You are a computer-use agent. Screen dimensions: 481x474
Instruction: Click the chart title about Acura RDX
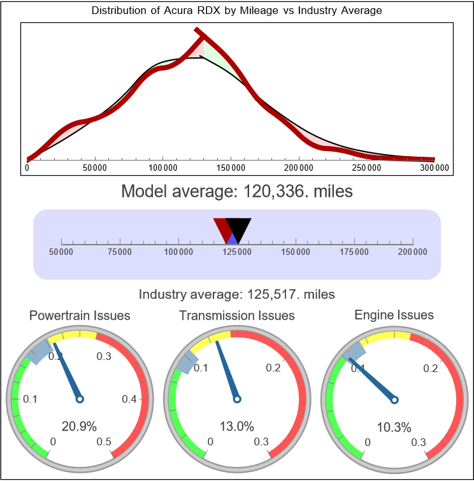pos(237,11)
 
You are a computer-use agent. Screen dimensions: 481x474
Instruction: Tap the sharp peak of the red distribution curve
pos(199,31)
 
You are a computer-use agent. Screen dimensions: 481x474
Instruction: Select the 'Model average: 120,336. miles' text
pos(237,190)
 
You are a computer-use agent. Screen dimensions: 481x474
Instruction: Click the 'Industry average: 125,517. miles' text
pos(237,294)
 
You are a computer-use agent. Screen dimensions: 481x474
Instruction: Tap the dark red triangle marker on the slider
pos(221,226)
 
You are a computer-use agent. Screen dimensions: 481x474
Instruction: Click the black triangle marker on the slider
pos(240,226)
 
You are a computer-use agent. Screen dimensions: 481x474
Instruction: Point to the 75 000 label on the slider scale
pos(120,252)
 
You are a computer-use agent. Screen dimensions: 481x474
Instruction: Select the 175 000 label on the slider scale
pos(354,252)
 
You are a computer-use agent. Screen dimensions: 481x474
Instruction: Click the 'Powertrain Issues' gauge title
pos(80,315)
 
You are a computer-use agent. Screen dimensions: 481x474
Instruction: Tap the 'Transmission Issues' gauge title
pos(237,315)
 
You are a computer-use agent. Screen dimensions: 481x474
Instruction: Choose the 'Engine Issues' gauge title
pos(394,315)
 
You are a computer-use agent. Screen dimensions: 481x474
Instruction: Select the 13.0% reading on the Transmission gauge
pos(237,426)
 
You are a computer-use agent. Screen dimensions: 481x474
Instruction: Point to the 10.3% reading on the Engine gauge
pos(394,426)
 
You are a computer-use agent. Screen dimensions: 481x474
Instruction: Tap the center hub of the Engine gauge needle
pos(394,399)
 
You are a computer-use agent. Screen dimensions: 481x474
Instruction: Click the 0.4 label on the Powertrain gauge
pos(129,399)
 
